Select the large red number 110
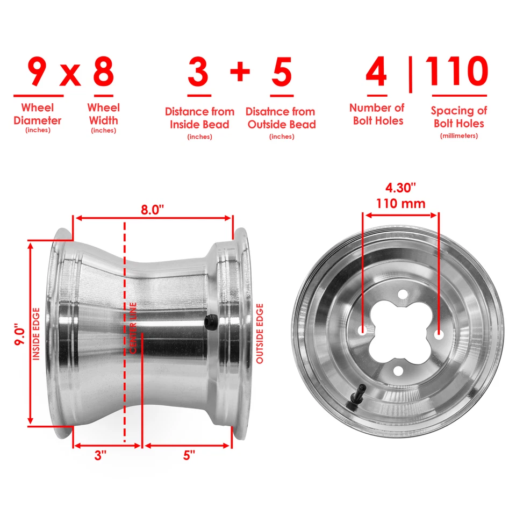coord(457,71)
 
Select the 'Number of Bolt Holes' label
coord(377,114)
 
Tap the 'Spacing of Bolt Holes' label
coord(458,117)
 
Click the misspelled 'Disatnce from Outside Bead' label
coord(281,118)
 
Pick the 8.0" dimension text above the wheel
coord(153,210)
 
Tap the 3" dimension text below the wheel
coord(101,456)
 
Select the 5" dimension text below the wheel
coord(189,456)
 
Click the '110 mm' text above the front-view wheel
coord(400,204)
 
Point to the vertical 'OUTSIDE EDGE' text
coord(260,333)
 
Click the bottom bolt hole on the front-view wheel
coord(398,370)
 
